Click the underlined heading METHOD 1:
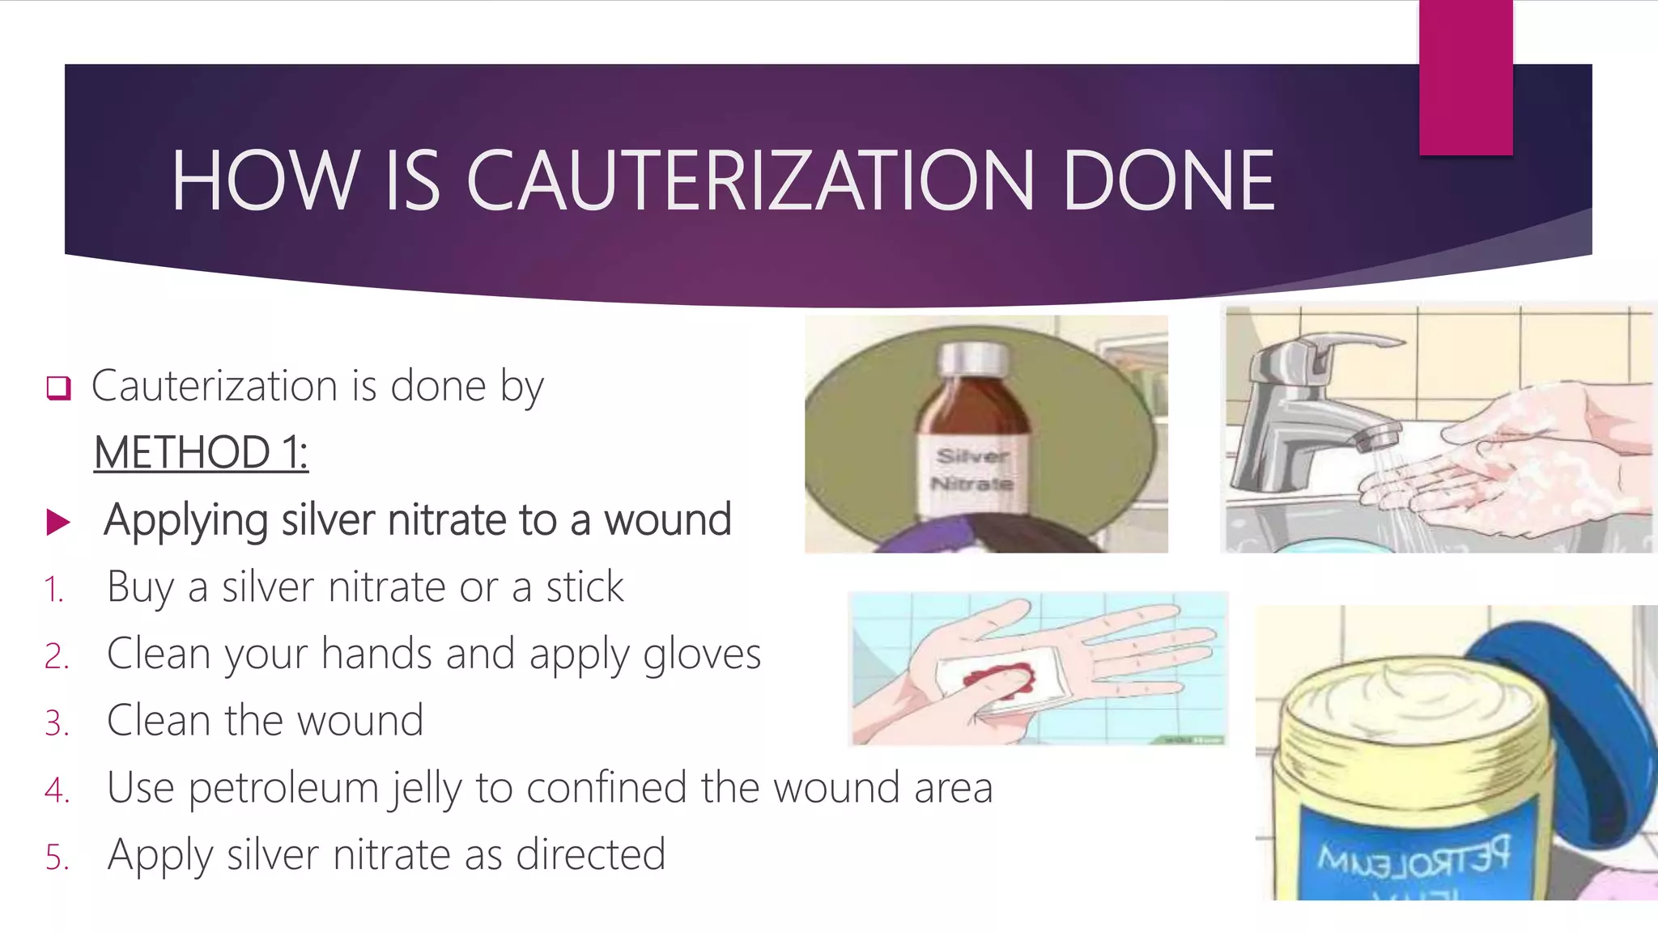click(x=201, y=452)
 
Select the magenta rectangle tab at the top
click(x=1465, y=77)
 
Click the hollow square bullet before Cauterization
click(x=58, y=388)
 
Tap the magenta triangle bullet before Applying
click(x=58, y=522)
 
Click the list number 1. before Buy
click(x=53, y=590)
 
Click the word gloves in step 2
click(x=701, y=654)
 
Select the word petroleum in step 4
click(x=283, y=788)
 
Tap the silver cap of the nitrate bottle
click(x=974, y=361)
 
